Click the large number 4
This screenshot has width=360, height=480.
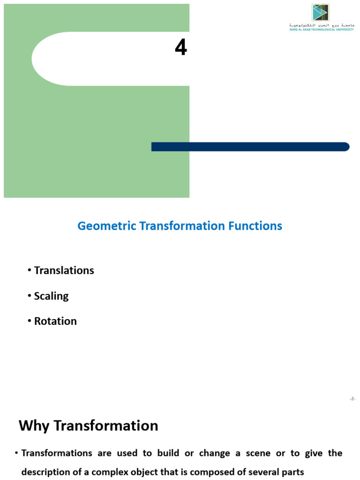click(x=180, y=47)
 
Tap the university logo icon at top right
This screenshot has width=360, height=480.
click(x=321, y=13)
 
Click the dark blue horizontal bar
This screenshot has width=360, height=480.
click(x=250, y=147)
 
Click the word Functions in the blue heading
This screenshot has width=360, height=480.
click(x=255, y=226)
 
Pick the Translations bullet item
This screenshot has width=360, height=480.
click(x=64, y=270)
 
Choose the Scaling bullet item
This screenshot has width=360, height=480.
click(x=51, y=296)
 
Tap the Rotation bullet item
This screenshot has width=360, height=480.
click(x=55, y=321)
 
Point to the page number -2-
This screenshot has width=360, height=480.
click(x=352, y=399)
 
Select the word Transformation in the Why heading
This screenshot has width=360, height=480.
click(x=105, y=426)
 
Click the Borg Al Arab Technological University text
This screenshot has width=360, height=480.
click(x=321, y=29)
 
